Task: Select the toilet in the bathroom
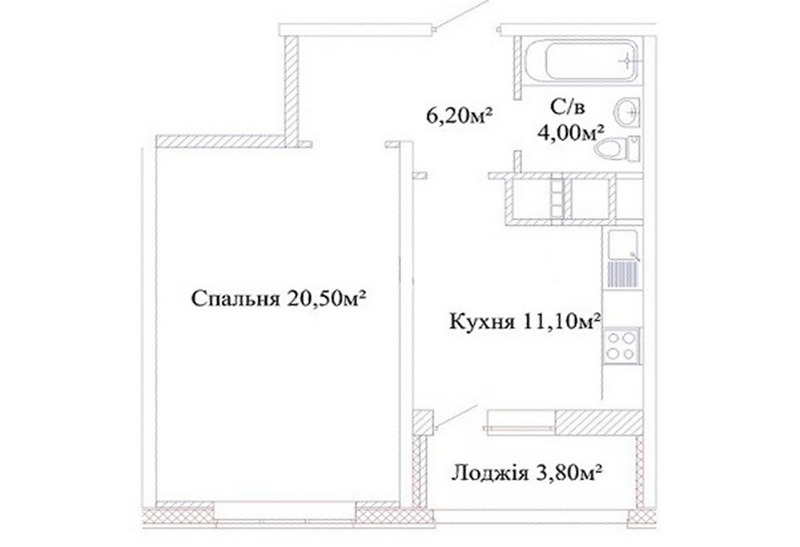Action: tap(618, 149)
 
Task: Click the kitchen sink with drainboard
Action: tap(623, 258)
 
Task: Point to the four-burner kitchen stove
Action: tap(621, 346)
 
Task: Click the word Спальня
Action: tap(236, 299)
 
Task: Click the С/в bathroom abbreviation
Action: tap(567, 107)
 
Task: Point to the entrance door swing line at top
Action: tap(462, 14)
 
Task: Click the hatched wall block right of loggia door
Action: tap(599, 422)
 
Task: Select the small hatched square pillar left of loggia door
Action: tap(423, 422)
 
